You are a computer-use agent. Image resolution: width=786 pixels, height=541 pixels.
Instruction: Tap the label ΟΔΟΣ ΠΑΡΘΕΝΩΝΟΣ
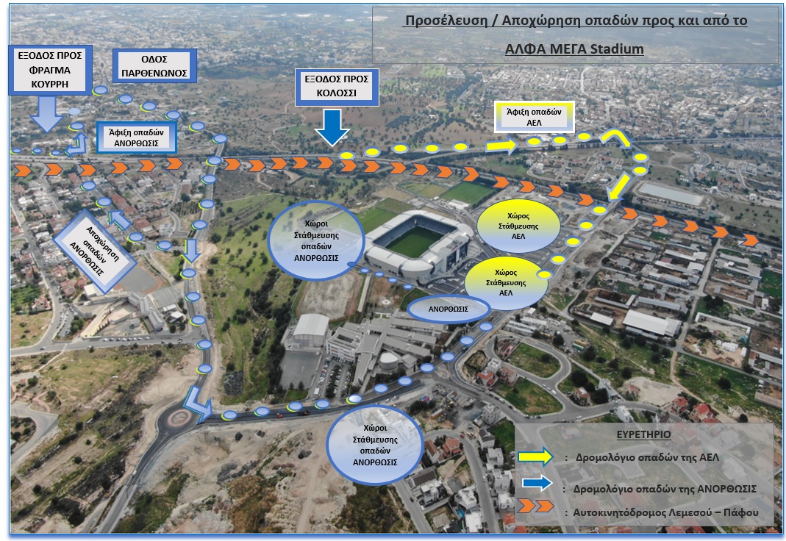[154, 65]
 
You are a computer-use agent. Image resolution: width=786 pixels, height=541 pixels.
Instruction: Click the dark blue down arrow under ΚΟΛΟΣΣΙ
[332, 126]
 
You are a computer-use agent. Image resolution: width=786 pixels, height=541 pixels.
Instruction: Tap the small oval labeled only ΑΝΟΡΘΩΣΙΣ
[449, 309]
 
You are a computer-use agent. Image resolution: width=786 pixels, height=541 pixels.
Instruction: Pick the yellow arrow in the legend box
[543, 457]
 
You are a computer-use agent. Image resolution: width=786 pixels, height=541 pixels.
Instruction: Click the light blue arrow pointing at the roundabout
[196, 404]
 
